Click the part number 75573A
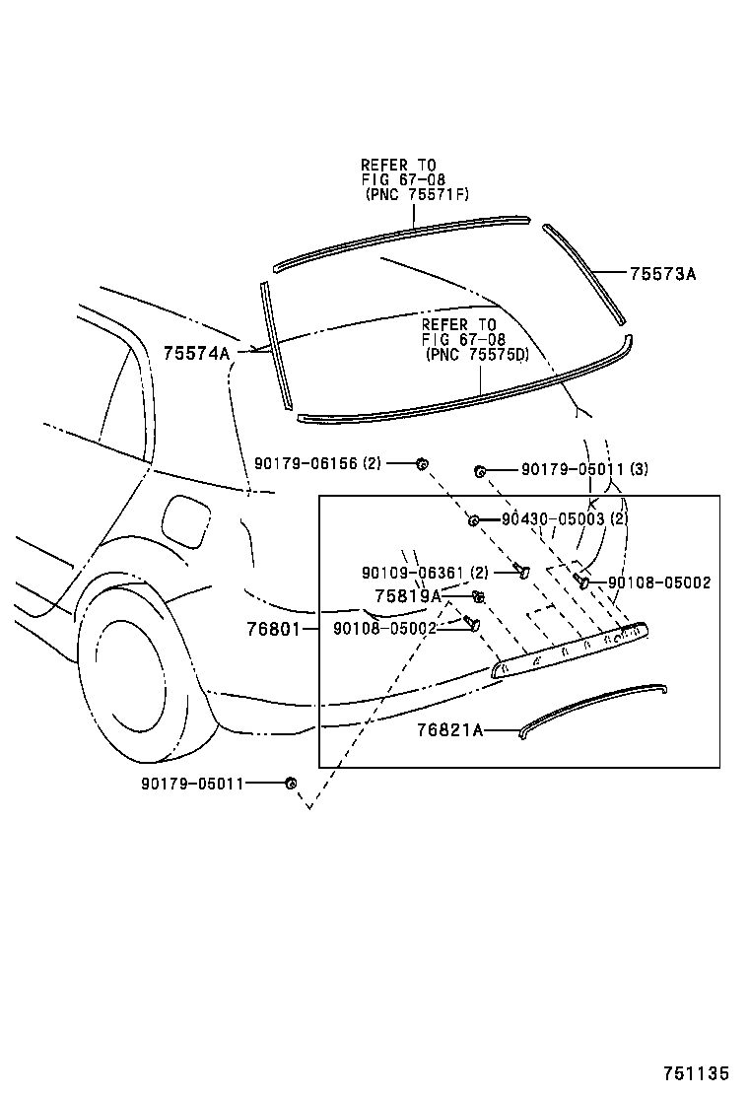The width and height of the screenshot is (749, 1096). pyautogui.click(x=662, y=274)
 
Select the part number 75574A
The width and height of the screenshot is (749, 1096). pyautogui.click(x=196, y=353)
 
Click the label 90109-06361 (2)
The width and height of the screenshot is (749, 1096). pyautogui.click(x=425, y=573)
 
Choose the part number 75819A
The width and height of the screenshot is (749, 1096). pyautogui.click(x=408, y=595)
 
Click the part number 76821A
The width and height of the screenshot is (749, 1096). pyautogui.click(x=449, y=730)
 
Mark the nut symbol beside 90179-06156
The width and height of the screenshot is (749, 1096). pyautogui.click(x=421, y=463)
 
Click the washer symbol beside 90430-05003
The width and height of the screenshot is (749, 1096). pyautogui.click(x=474, y=520)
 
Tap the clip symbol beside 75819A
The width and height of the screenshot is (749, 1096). pyautogui.click(x=479, y=596)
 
